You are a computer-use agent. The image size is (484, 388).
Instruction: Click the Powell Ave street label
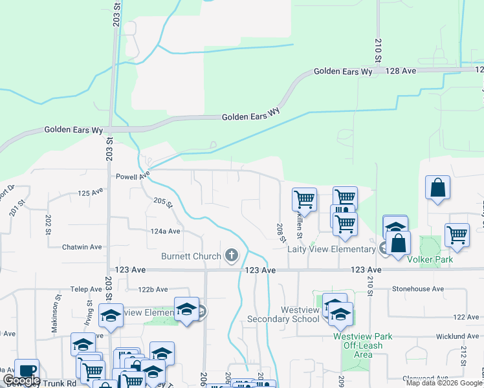point(133,175)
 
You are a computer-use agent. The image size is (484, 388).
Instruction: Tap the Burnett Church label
point(191,256)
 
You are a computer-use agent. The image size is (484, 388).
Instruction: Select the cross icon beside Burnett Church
point(232,255)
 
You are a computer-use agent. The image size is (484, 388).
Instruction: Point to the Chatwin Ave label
point(82,247)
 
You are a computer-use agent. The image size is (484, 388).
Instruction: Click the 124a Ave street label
point(166,231)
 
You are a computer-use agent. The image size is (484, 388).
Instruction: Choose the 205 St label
point(164,203)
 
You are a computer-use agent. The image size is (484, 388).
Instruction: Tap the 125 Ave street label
point(91,193)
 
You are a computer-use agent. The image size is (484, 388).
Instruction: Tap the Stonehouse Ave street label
point(418,289)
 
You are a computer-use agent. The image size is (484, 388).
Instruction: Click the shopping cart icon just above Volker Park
point(457,235)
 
